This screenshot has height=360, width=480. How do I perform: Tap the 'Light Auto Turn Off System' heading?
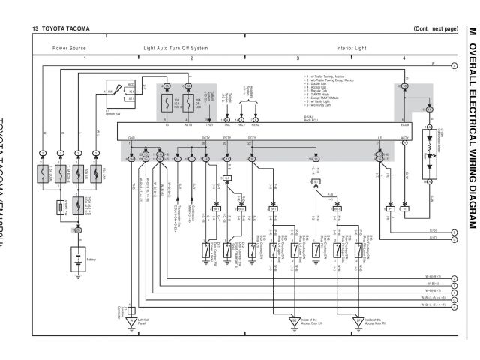(176, 47)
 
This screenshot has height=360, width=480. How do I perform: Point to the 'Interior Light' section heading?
(351, 47)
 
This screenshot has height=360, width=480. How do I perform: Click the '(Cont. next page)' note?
(435, 28)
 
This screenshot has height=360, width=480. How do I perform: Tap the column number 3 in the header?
(298, 58)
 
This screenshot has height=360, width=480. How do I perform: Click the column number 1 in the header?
(85, 58)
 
